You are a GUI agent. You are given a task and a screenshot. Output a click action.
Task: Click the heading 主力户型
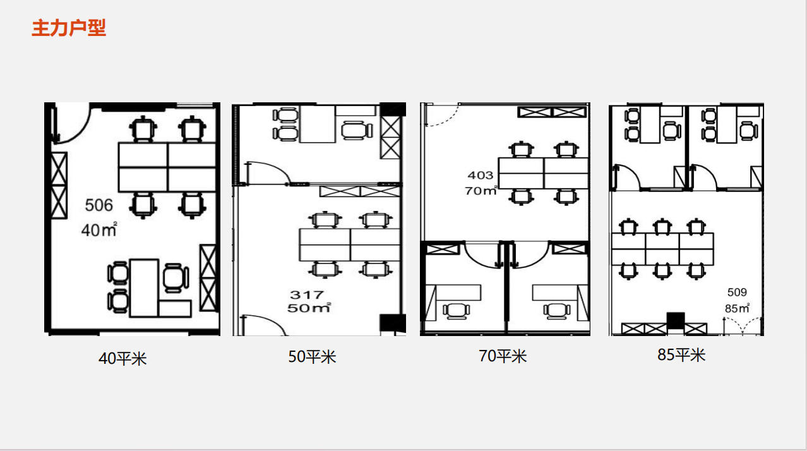pos(69,28)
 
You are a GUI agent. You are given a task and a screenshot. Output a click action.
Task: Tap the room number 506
pos(99,205)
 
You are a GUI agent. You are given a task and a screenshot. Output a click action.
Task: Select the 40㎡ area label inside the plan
pos(99,230)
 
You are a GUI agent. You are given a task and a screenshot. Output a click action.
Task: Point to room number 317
pos(307,295)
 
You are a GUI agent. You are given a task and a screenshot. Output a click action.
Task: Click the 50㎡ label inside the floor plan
pos(309,308)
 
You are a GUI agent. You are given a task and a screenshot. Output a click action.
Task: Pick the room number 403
pos(481,175)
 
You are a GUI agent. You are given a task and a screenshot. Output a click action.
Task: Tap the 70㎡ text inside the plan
pos(481,190)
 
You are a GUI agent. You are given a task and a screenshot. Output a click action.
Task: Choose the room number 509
pos(737,292)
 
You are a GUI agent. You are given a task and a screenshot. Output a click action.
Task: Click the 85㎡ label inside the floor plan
pos(737,308)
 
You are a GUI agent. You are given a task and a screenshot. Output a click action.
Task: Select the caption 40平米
pos(123,359)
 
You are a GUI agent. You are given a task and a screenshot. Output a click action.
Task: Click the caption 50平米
pos(312,357)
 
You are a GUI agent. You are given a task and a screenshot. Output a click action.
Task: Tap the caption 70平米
pos(503,356)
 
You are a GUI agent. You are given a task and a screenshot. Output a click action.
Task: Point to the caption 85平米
pos(681,355)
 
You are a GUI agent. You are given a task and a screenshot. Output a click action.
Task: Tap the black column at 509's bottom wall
pos(676,320)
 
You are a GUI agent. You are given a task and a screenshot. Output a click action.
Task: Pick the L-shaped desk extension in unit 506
pos(175,309)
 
